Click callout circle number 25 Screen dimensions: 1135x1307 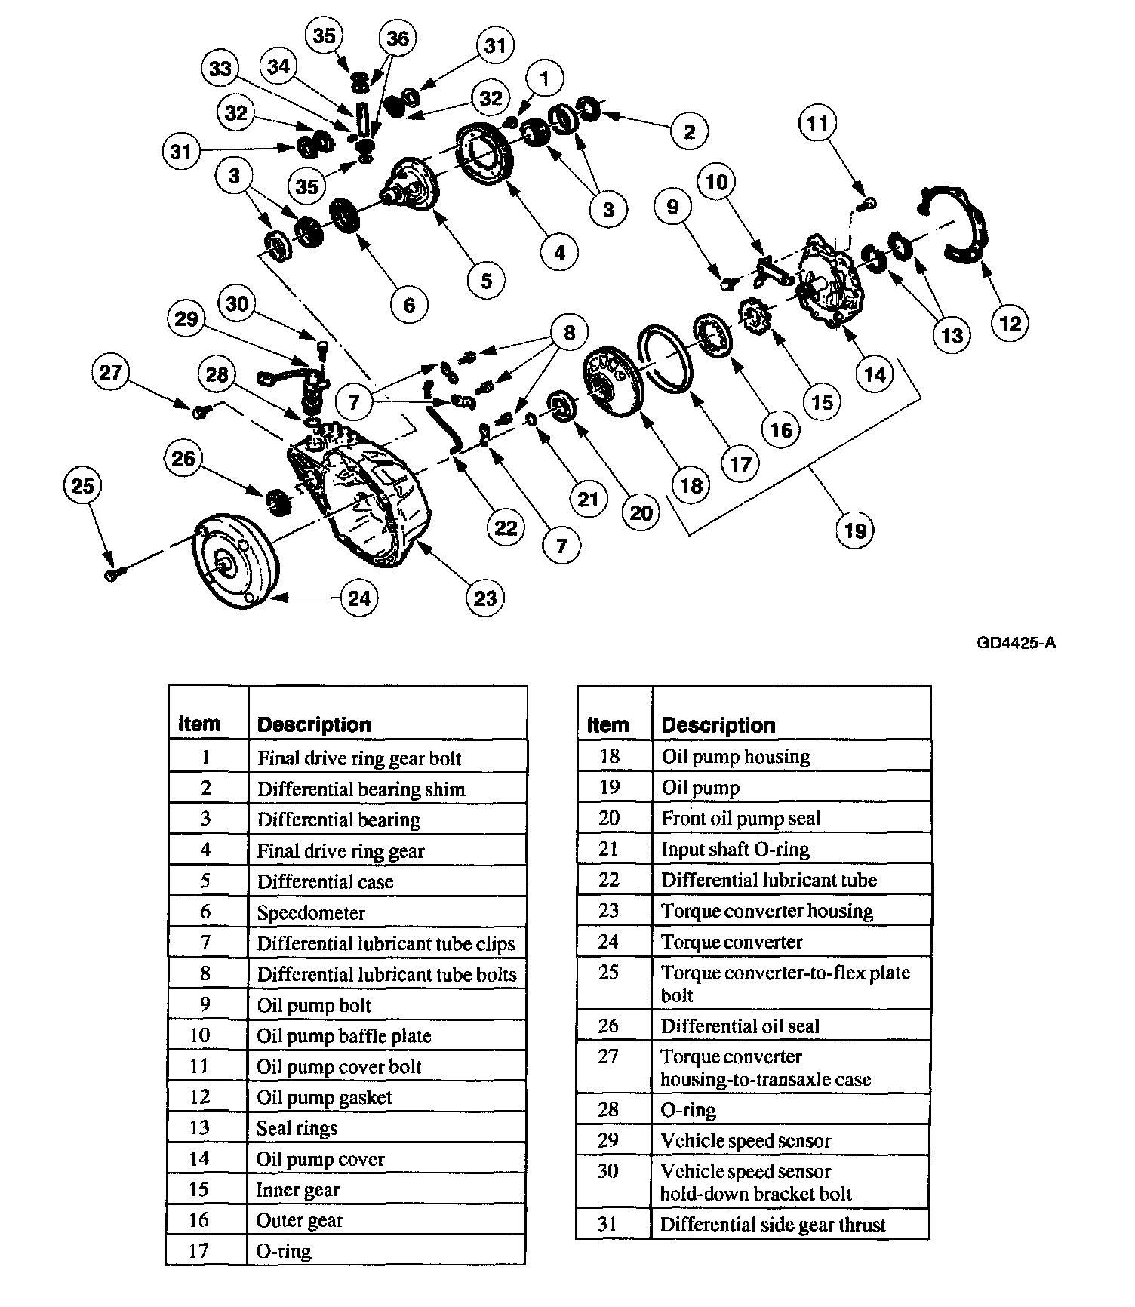coord(82,484)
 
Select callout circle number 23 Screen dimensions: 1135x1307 coord(485,598)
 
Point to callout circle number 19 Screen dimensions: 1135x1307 coord(855,530)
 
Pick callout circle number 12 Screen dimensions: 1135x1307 coord(1010,324)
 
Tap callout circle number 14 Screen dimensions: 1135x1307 coord(875,374)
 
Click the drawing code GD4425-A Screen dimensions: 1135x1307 coord(1016,643)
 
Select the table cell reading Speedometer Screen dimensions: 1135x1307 coord(311,912)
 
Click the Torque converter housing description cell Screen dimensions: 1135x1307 coord(767,911)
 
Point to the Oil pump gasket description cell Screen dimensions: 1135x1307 coord(325,1097)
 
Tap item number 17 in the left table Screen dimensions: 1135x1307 coord(198,1251)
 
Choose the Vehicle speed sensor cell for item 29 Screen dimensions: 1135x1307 coord(746,1140)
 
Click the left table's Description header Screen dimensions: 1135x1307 coord(314,724)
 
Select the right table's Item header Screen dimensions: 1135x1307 coord(607,725)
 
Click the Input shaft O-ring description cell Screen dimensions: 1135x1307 coord(735,849)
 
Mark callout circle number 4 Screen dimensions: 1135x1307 coord(559,253)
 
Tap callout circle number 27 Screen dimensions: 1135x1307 coord(111,373)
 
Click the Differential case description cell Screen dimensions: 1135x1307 coord(325,881)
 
